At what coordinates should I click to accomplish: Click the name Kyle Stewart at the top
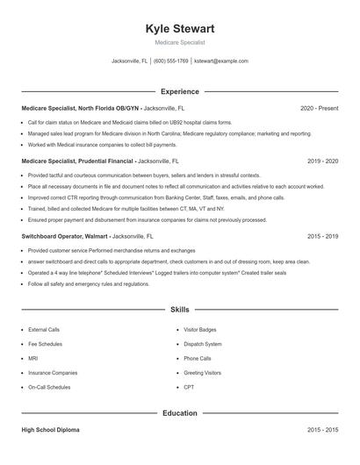point(179,29)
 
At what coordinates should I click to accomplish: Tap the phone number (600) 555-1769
point(170,61)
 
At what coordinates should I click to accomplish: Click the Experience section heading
point(179,91)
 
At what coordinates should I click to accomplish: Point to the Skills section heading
point(179,310)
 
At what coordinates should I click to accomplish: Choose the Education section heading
point(179,412)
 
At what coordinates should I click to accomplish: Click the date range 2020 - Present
point(319,108)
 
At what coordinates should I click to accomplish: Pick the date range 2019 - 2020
point(322,161)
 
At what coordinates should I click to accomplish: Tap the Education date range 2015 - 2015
point(322,431)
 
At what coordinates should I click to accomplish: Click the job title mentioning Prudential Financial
point(77,161)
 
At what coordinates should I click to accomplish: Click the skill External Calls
point(44,330)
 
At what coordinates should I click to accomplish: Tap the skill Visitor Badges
point(200,330)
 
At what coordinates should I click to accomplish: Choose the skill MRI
point(32,358)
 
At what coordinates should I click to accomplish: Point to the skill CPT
point(189,386)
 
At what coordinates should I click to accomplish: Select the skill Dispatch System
point(203,344)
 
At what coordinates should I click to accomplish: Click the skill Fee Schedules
point(45,344)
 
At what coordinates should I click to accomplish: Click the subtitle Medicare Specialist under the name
point(179,42)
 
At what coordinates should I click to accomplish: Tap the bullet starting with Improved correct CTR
point(132,197)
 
